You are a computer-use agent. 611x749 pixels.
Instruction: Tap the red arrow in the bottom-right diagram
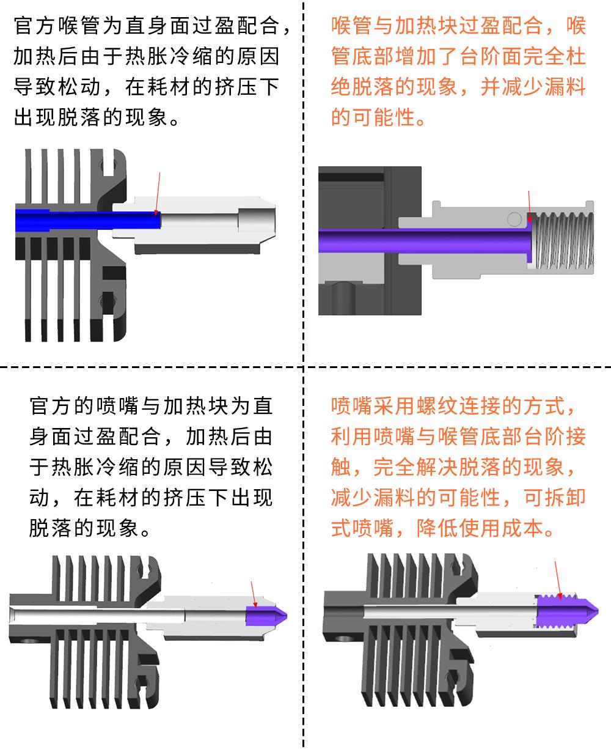tap(558, 578)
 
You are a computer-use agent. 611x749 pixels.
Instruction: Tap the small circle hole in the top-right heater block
tap(515, 218)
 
